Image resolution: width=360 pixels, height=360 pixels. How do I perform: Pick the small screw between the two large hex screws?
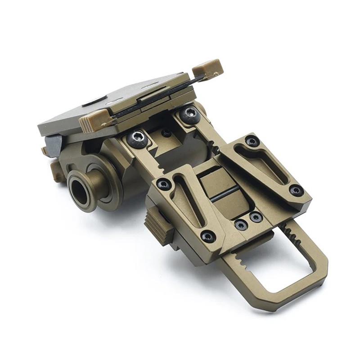[x=167, y=134]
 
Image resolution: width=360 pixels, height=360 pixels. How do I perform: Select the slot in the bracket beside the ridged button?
[x=188, y=202]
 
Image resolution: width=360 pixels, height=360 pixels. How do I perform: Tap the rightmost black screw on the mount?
[x=296, y=190]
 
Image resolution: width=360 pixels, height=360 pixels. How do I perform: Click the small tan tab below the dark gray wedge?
[x=57, y=171]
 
